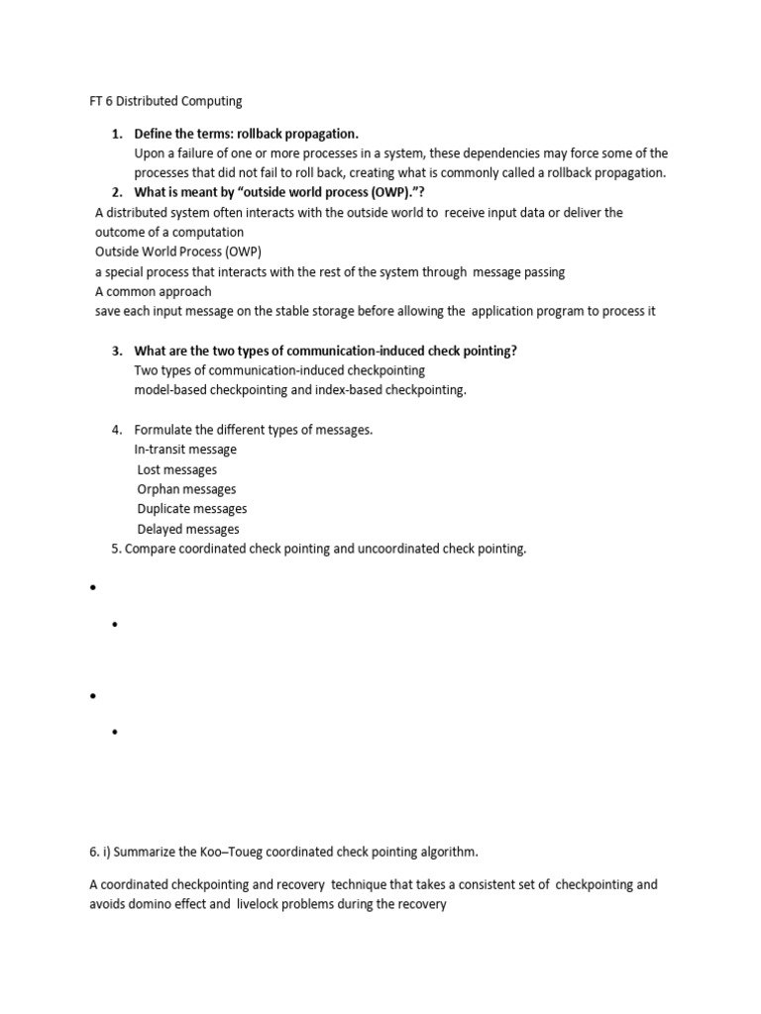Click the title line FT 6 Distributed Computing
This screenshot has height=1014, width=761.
[161, 101]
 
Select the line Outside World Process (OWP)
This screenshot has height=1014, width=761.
[178, 252]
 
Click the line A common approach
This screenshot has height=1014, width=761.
[154, 291]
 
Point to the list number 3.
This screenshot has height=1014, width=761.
[116, 351]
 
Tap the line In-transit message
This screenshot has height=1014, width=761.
[185, 450]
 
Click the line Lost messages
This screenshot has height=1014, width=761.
[177, 469]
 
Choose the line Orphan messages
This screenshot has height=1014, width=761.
[186, 489]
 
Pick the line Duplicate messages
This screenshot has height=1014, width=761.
[192, 509]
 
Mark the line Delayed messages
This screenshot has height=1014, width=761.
[188, 529]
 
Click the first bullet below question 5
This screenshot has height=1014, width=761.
[92, 588]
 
